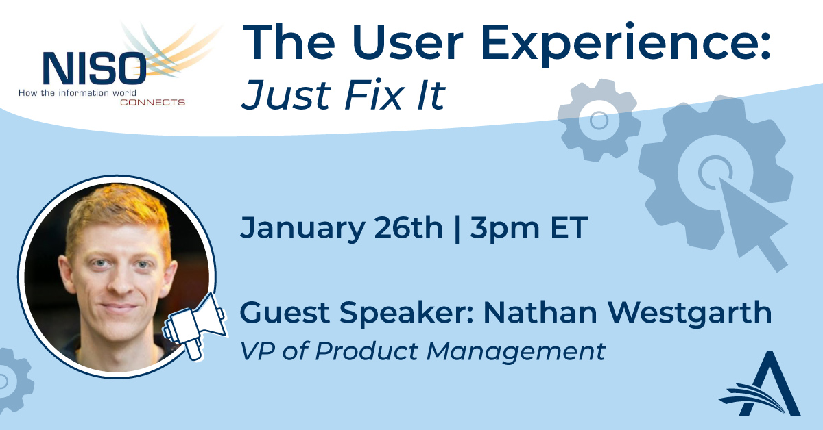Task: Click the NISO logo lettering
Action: click(95, 68)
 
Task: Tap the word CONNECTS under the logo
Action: click(152, 102)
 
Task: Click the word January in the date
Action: click(302, 228)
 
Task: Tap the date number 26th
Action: click(409, 227)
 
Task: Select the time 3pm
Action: click(505, 229)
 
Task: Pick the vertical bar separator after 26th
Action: click(457, 229)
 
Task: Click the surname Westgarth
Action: click(689, 314)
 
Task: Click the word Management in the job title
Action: click(516, 352)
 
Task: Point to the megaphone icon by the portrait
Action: click(195, 327)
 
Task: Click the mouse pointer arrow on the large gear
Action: click(753, 225)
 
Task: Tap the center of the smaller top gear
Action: click(599, 120)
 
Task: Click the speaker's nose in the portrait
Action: click(117, 281)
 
